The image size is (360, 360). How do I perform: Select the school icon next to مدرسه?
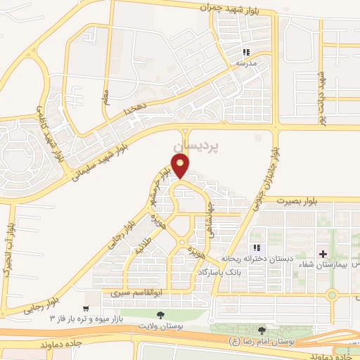click(247, 52)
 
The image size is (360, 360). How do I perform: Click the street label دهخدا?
click(135, 109)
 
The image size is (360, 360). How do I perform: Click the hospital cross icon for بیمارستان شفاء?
click(323, 253)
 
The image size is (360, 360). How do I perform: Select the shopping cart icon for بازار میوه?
click(86, 309)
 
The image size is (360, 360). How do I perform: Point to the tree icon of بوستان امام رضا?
click(262, 330)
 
